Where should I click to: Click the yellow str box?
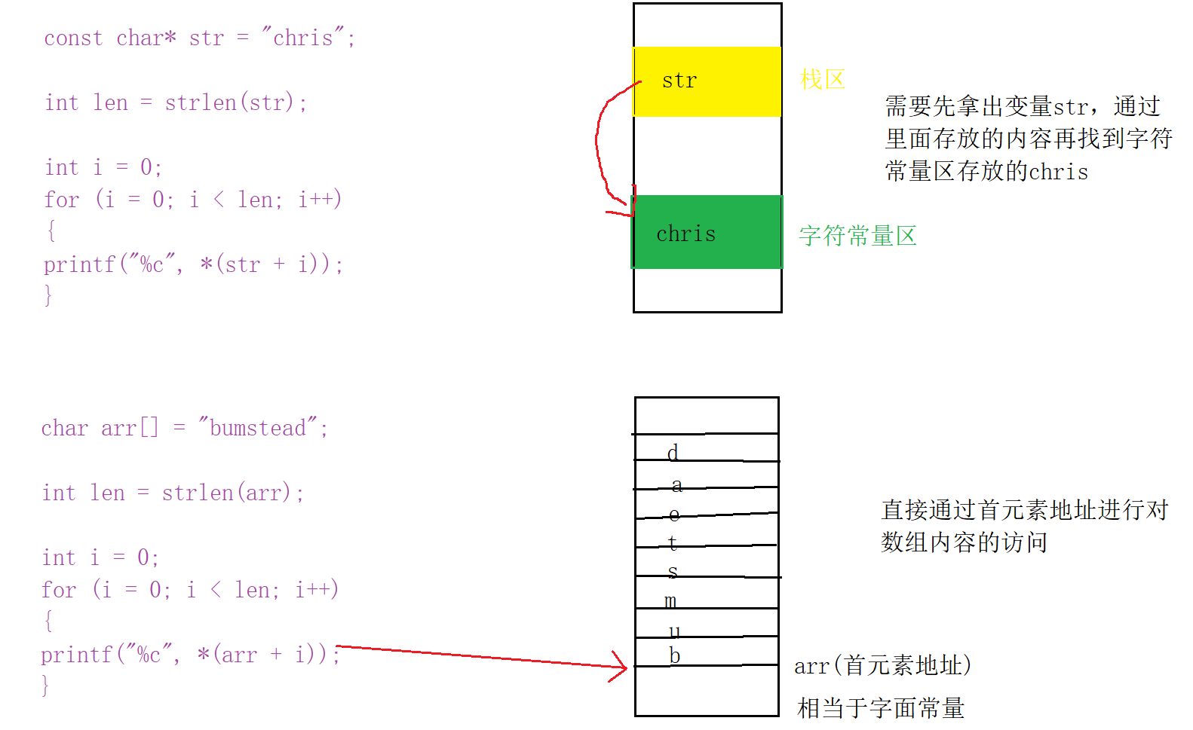point(707,81)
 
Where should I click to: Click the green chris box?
point(707,232)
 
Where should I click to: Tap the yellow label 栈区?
point(823,79)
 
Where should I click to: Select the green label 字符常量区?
point(857,236)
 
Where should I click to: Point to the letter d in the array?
point(673,452)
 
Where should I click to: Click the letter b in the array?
point(675,655)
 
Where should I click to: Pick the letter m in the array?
point(670,601)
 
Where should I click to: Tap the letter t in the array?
point(673,542)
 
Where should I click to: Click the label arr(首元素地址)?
point(882,665)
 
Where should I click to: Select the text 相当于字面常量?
point(881,708)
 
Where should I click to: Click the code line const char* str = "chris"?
point(199,38)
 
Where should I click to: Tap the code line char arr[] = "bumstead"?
point(185,428)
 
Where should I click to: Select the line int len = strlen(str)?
point(176,102)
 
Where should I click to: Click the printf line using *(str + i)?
point(193,264)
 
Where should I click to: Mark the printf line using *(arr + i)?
point(190,655)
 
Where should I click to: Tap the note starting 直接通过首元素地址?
point(1024,526)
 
